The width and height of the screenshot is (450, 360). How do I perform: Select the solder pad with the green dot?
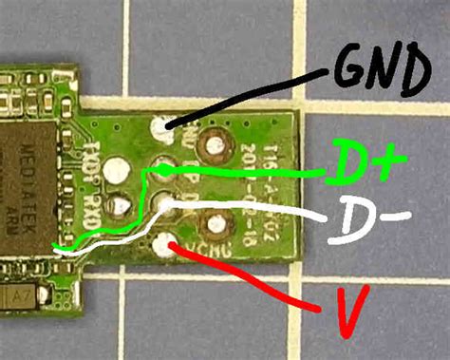[x=163, y=170]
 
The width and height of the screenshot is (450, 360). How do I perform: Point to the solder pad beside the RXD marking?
[x=121, y=204]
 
